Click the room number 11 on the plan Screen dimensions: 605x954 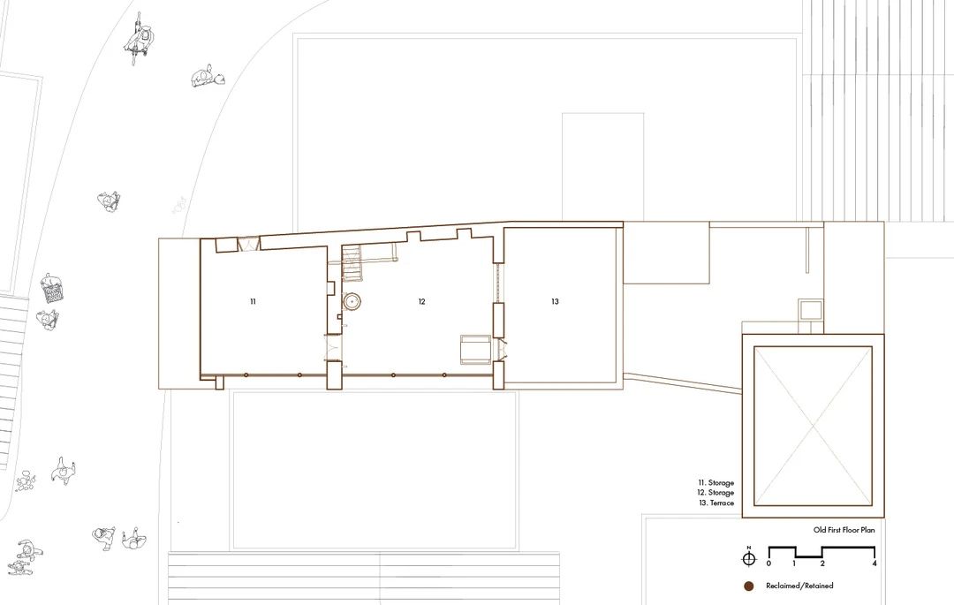click(253, 302)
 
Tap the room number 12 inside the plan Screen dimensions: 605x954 click(422, 302)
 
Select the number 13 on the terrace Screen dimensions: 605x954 click(555, 302)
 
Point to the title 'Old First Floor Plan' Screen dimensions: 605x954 click(844, 531)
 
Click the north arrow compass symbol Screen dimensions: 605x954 click(749, 558)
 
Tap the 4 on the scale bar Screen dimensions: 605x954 click(874, 563)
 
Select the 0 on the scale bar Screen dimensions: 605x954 click(768, 563)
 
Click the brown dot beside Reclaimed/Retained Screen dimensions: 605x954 click(748, 586)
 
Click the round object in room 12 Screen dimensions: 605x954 click(353, 302)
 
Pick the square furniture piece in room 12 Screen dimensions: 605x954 click(474, 349)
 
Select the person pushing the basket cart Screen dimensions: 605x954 click(51, 291)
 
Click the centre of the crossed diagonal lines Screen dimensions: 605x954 click(813, 426)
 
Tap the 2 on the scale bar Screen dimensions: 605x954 click(822, 563)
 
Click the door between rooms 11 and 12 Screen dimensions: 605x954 click(333, 348)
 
